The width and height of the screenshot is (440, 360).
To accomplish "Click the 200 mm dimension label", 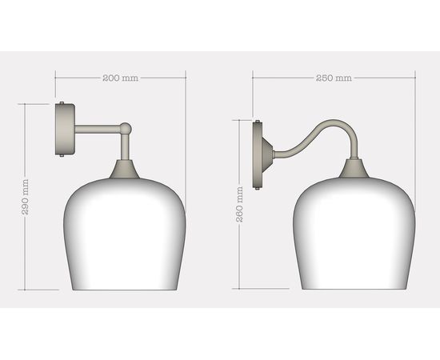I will tap(120, 78).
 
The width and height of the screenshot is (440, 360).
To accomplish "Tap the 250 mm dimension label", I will tap(333, 78).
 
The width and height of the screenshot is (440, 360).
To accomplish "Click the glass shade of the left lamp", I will tap(121, 236).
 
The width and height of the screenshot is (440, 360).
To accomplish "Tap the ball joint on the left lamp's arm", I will tap(126, 127).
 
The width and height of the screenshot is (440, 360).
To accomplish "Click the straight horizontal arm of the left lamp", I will tap(96, 127).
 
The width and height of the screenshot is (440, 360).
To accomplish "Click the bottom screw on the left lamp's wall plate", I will tap(63, 158).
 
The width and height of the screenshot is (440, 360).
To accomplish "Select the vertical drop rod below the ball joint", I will tap(125, 146).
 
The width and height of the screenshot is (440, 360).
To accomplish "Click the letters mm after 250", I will tap(344, 78).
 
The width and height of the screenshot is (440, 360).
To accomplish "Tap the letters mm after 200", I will tap(131, 78).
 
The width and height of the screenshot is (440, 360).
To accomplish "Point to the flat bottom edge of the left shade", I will tap(121, 290).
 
